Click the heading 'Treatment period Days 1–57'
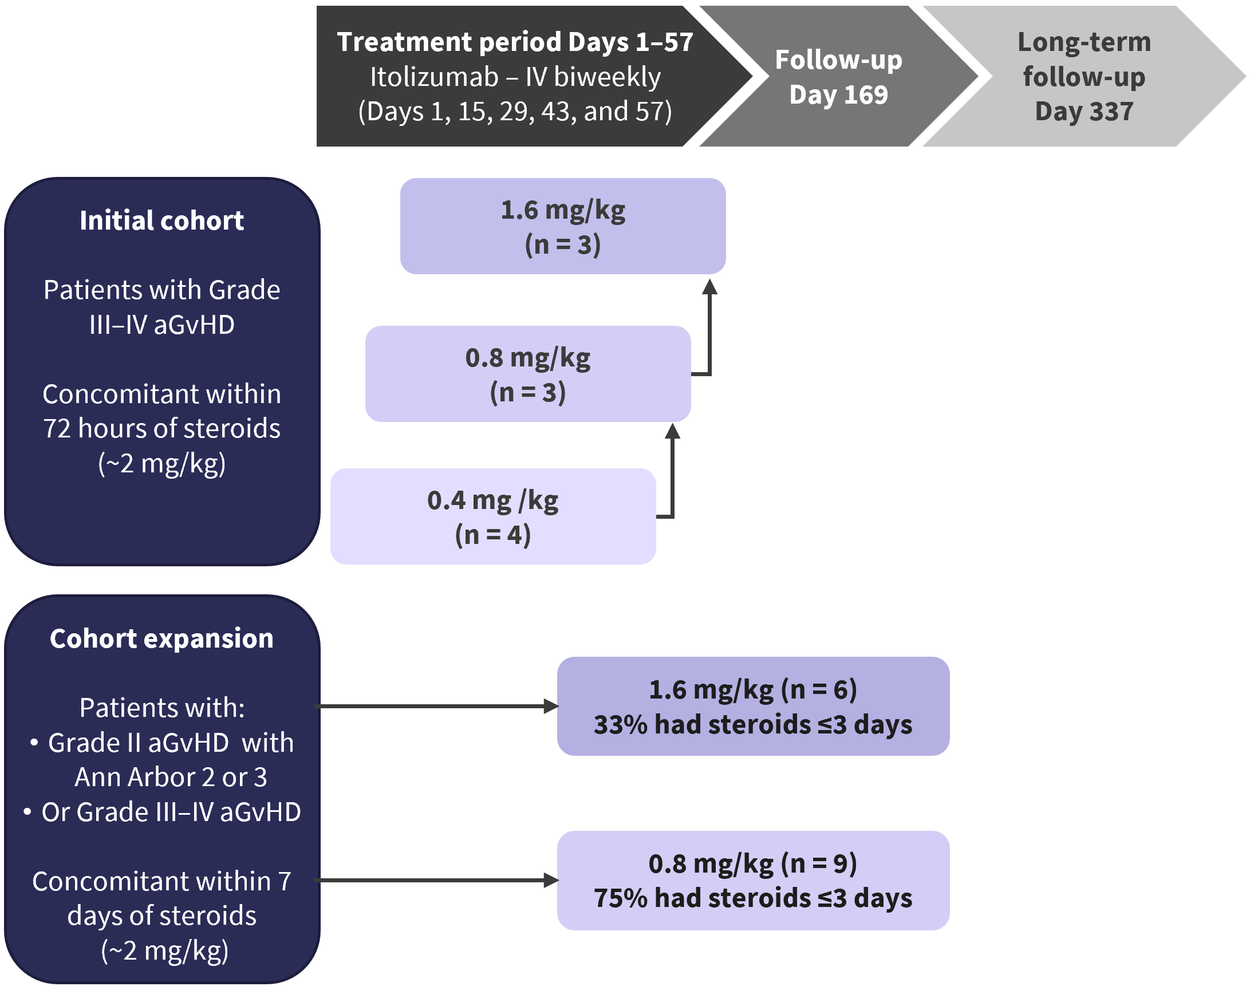[515, 42]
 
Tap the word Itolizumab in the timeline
[434, 77]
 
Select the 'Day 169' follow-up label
[838, 94]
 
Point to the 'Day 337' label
[1084, 111]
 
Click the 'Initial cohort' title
[161, 221]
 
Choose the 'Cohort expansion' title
[161, 639]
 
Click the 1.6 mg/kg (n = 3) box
[563, 226]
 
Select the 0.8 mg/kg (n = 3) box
[528, 374]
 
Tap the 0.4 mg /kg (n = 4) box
[494, 516]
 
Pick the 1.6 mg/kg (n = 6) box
[753, 706]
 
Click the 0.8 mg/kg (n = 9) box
[753, 880]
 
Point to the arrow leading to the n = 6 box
[436, 706]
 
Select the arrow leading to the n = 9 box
[436, 880]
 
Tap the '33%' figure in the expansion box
[620, 725]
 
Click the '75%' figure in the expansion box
[620, 898]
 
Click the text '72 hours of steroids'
[161, 429]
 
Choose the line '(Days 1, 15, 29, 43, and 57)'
[515, 112]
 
